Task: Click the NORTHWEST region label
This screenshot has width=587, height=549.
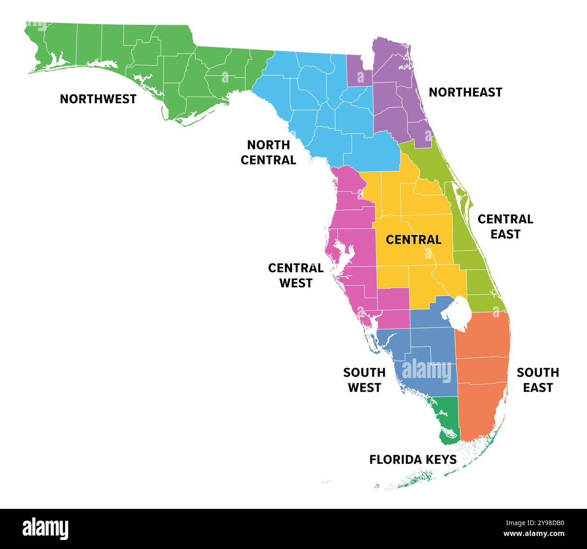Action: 98,99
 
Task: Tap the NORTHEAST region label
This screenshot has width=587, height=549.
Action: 465,92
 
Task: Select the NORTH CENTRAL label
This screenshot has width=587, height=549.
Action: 268,152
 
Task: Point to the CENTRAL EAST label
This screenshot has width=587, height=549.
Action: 505,226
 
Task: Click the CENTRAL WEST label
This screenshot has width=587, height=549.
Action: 296,275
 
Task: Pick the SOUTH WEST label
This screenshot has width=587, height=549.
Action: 364,380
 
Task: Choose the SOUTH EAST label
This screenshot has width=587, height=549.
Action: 538,380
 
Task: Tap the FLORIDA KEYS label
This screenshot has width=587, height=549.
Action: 413,460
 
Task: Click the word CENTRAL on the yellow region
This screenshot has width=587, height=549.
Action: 413,240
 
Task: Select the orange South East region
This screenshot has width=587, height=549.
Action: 483,370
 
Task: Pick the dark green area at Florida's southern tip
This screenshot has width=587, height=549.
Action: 445,420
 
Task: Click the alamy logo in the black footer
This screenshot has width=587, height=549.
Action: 45,529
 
